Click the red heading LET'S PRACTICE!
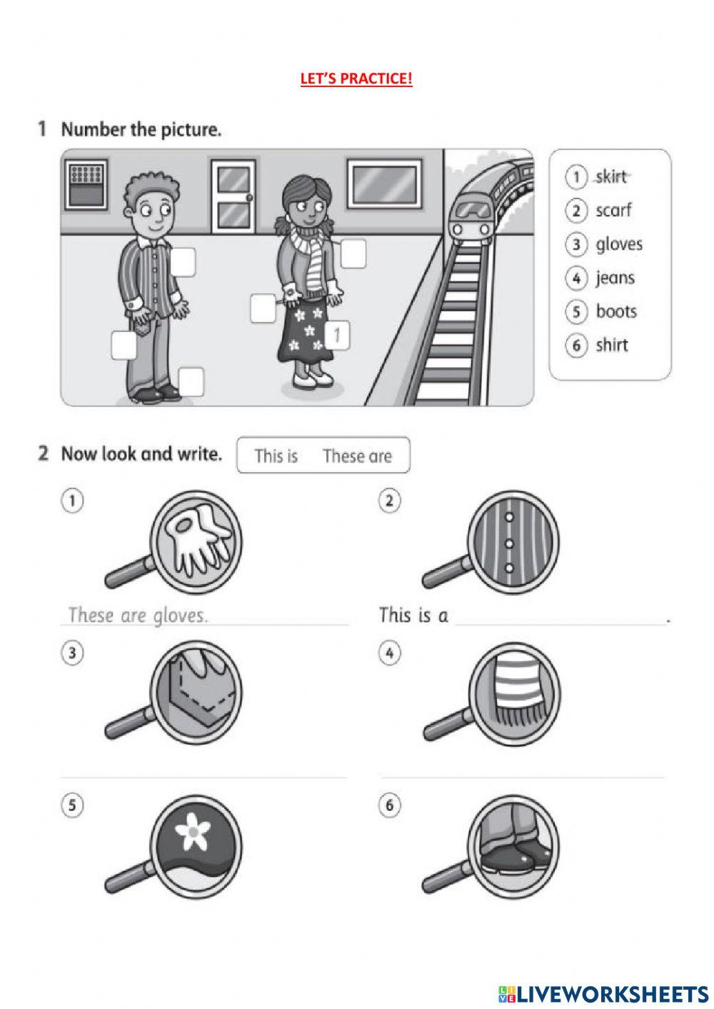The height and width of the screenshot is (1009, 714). coord(356,79)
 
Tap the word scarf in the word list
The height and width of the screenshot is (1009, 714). coord(613,211)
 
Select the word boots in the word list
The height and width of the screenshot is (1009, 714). coord(616,311)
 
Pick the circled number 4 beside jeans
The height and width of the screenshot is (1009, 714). coord(576,278)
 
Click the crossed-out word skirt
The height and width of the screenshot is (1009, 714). coord(611,176)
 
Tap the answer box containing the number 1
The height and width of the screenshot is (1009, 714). coord(337,335)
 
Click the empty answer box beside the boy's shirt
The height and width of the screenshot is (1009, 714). coord(183,261)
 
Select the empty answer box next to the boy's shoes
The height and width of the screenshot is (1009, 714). coord(191,382)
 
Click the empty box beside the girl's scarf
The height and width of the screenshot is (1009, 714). coord(353,253)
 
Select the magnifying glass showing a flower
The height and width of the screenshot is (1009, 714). coord(174,847)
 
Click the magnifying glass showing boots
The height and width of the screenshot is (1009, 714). coord(491,847)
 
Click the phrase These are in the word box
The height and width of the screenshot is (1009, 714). coord(357,456)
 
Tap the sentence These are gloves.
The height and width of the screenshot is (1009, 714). coord(138,616)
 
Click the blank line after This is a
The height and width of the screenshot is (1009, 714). coord(560,625)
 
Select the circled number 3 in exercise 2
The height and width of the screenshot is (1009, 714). coord(72,653)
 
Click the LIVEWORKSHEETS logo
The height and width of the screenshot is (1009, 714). coord(603,990)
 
